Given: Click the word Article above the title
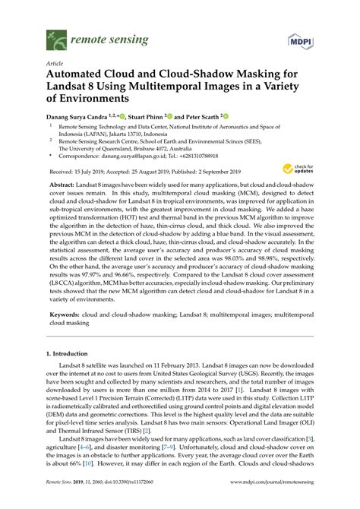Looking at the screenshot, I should tap(55, 65).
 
